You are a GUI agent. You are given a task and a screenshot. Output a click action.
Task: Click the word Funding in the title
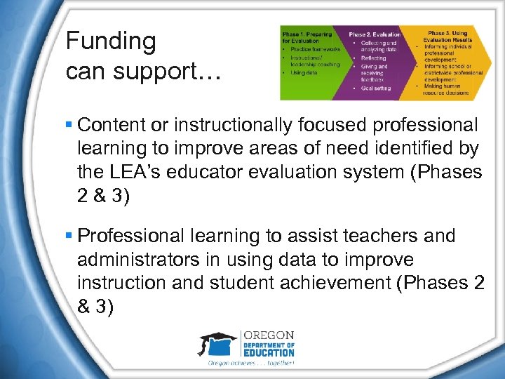click(x=111, y=41)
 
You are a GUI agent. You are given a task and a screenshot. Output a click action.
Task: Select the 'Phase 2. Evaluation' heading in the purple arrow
click(x=375, y=34)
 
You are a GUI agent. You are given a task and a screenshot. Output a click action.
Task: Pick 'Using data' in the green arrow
click(x=304, y=72)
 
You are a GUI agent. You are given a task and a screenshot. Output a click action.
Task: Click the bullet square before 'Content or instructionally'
click(x=69, y=126)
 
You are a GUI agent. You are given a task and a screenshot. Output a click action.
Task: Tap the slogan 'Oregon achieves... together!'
click(x=250, y=364)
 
